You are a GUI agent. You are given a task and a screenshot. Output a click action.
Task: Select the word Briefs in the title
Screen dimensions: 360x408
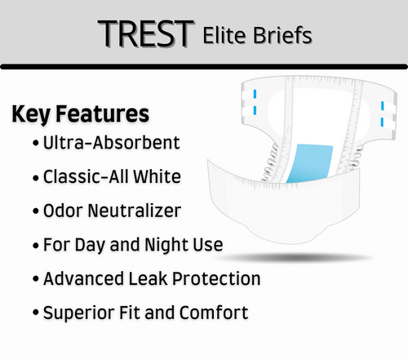[x=283, y=35]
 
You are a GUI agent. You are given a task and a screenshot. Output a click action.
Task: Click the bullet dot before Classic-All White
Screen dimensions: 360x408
[x=35, y=177]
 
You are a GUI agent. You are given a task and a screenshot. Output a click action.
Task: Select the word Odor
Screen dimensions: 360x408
[x=63, y=211]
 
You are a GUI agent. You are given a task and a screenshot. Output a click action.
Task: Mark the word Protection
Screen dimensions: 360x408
[x=215, y=278]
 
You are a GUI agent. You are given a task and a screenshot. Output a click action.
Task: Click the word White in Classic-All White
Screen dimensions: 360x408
[x=158, y=176]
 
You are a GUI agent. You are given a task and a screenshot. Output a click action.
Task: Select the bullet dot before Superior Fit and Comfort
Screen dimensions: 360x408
[x=35, y=313]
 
